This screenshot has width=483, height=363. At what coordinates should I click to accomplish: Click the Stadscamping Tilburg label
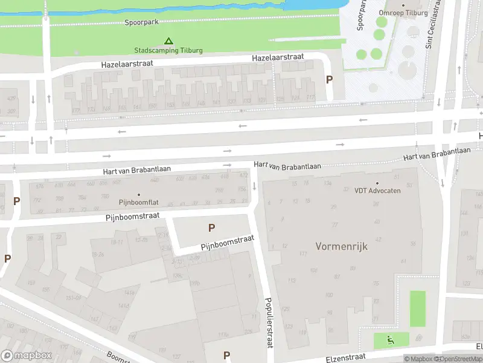pos(168,50)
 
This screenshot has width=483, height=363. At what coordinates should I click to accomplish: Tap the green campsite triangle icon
pos(168,42)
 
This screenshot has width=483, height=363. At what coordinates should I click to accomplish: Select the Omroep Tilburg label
pos(403,13)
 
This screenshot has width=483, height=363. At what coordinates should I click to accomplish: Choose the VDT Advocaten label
pos(377,191)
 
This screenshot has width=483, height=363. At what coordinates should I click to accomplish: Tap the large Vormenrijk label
pos(341,246)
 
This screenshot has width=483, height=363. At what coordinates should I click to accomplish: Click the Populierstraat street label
pos(269,322)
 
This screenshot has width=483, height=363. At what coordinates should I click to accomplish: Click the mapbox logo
pos(27,355)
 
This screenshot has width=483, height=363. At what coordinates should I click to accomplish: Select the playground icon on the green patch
pos(391,341)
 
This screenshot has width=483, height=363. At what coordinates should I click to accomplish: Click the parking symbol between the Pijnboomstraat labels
pos(211,228)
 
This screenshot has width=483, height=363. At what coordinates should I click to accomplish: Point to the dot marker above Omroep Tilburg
pos(403,5)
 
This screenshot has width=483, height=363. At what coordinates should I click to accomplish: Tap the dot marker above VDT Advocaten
pos(377,183)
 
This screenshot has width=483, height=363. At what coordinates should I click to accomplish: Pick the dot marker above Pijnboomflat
pos(138,195)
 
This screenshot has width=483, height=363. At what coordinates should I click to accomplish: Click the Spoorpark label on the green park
pos(141,22)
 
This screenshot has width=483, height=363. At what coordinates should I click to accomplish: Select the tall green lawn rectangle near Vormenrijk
pos(417,309)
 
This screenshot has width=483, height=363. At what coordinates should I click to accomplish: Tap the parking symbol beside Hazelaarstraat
pos(329,79)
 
